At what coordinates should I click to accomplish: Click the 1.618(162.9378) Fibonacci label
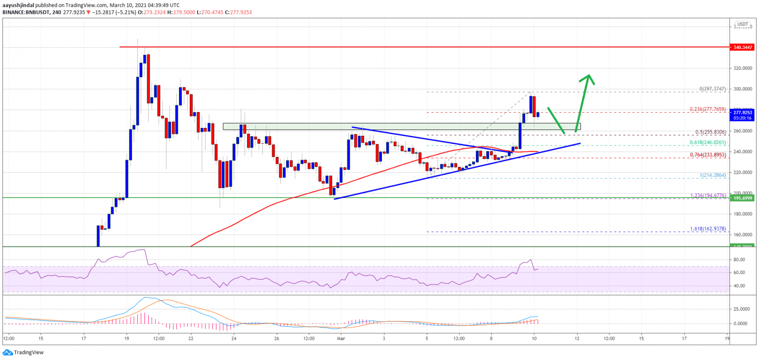(707, 229)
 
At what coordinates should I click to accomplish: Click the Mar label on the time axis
(340, 338)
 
